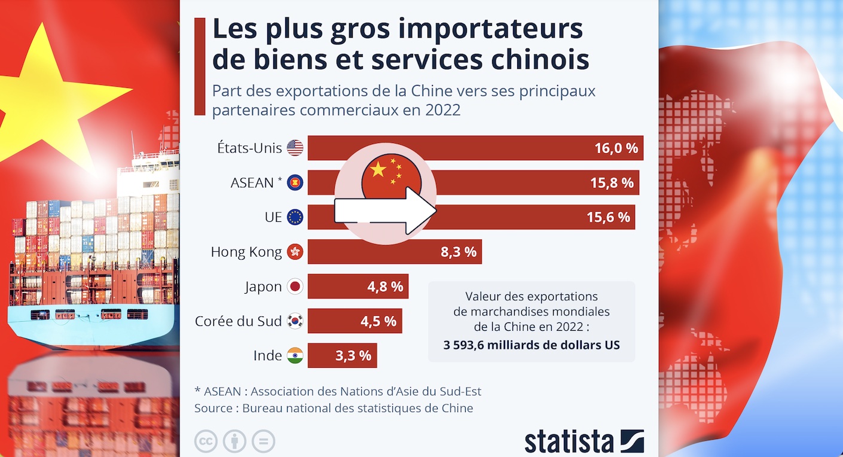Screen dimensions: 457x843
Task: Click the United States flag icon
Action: pos(295,148)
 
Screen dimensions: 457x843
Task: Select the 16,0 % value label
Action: pos(616,148)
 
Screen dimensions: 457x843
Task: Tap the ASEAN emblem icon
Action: pos(295,182)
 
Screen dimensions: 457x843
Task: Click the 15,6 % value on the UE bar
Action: pos(608,217)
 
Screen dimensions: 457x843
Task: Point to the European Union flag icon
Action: pos(295,217)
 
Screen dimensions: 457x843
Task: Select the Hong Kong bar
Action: pos(395,252)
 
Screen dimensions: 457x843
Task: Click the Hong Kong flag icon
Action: pos(295,252)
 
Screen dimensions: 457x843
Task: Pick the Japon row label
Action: pos(263,287)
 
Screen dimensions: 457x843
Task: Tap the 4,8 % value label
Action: pos(385,287)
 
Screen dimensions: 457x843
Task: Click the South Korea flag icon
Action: pos(295,321)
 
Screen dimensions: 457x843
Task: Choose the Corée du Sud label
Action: pos(238,321)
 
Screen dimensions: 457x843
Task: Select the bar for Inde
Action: pos(342,356)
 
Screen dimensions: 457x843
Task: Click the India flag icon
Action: pos(295,356)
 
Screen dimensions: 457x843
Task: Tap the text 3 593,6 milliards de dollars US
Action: pos(532,345)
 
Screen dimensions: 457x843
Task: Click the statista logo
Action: pos(584,441)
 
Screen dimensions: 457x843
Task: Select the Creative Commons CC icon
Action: pos(206,441)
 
